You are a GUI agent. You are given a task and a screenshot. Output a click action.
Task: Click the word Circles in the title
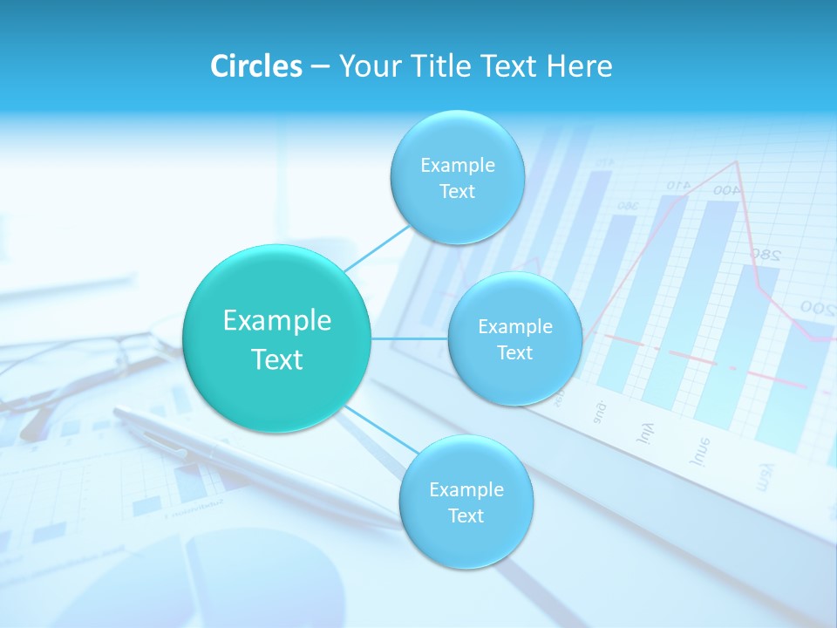pos(255,66)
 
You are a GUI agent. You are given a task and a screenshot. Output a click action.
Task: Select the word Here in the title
pos(580,66)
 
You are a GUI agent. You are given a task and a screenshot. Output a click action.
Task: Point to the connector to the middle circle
pos(410,338)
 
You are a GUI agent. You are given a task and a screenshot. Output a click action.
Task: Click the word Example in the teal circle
pos(276,321)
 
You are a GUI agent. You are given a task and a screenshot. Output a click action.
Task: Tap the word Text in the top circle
pos(457,192)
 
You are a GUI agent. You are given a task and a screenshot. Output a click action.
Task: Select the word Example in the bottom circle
pos(466,489)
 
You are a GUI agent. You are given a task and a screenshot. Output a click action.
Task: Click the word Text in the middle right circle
pos(514,353)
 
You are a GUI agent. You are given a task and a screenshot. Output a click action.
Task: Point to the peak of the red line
pos(738,161)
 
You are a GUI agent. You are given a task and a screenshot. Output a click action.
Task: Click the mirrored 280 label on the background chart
pos(766,254)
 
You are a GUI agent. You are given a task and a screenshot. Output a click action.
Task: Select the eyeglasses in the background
pos(78,366)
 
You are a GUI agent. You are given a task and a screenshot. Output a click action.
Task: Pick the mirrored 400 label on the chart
pos(725,189)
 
